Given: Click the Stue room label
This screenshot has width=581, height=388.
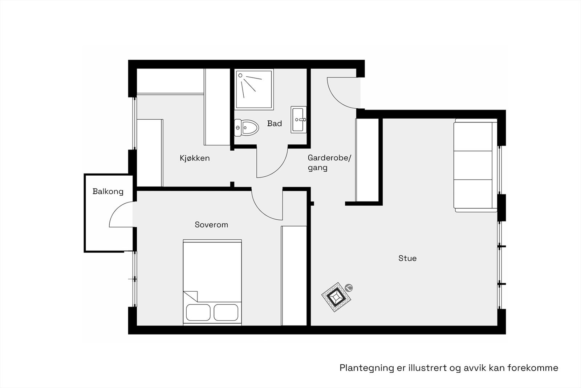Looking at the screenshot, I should click(407, 258).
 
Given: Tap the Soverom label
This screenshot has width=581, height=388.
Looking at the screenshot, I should click(211, 225).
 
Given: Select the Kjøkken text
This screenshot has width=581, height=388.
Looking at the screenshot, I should click(195, 158).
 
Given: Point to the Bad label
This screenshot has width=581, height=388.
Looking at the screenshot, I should click(275, 124).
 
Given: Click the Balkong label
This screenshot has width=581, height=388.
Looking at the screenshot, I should click(108, 192).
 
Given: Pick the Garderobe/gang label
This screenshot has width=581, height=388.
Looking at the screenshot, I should click(329, 163).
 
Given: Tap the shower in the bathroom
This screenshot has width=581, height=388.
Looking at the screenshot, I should click(254, 89).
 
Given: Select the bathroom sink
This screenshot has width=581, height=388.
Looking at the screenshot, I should click(298, 120).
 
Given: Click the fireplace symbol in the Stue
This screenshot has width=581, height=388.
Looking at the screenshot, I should click(337, 297).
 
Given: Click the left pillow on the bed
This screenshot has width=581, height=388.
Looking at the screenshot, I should click(198, 312).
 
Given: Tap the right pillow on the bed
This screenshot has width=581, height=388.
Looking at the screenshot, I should click(226, 312).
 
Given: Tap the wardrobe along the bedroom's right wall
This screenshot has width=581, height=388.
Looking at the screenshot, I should click(294, 275).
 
